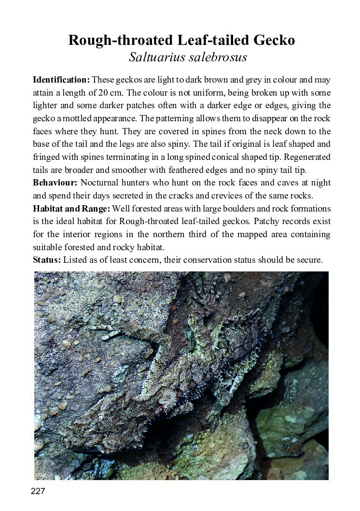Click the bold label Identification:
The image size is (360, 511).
pyautogui.click(x=61, y=80)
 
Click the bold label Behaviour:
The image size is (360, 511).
pyautogui.click(x=55, y=183)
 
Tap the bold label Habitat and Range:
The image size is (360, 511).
pyautogui.click(x=71, y=209)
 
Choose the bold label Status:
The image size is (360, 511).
pyautogui.click(x=47, y=260)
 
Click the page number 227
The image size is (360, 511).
pyautogui.click(x=38, y=492)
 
